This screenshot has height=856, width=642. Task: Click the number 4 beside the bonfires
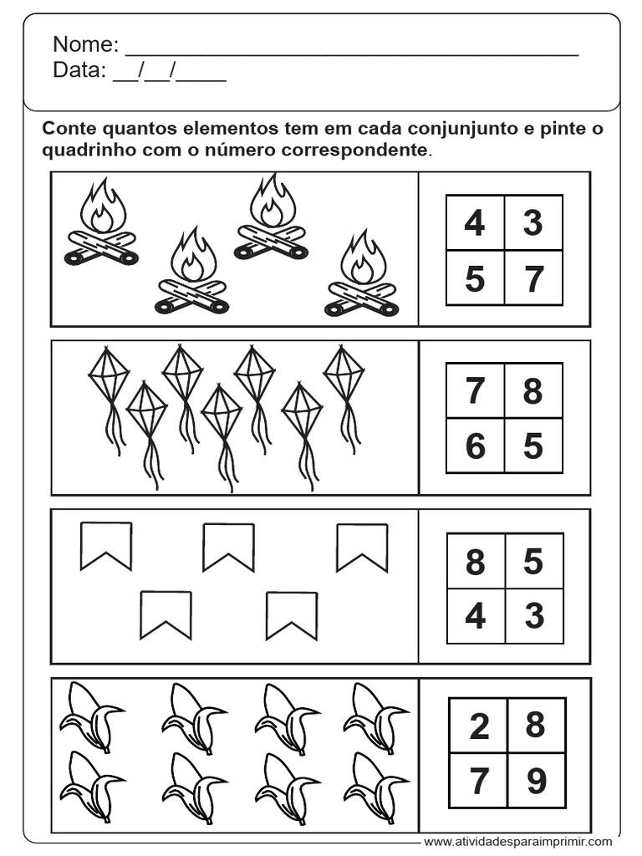[475, 222]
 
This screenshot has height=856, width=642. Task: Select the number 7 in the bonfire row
[533, 278]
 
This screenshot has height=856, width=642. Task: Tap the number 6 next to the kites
[475, 446]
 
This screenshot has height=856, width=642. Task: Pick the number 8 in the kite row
[532, 390]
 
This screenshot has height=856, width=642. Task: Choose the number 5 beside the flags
[533, 561]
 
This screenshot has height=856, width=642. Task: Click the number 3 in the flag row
[534, 616]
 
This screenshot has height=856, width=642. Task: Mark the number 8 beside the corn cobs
[535, 725]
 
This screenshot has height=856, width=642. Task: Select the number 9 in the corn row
[536, 781]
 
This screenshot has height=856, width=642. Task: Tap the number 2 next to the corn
[479, 726]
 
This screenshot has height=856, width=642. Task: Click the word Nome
[85, 44]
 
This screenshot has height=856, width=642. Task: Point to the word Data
[79, 70]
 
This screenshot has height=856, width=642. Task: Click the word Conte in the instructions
[70, 129]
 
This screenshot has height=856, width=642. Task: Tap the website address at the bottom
[517, 842]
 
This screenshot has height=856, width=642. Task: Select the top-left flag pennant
[106, 546]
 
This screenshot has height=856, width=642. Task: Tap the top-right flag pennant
[362, 548]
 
